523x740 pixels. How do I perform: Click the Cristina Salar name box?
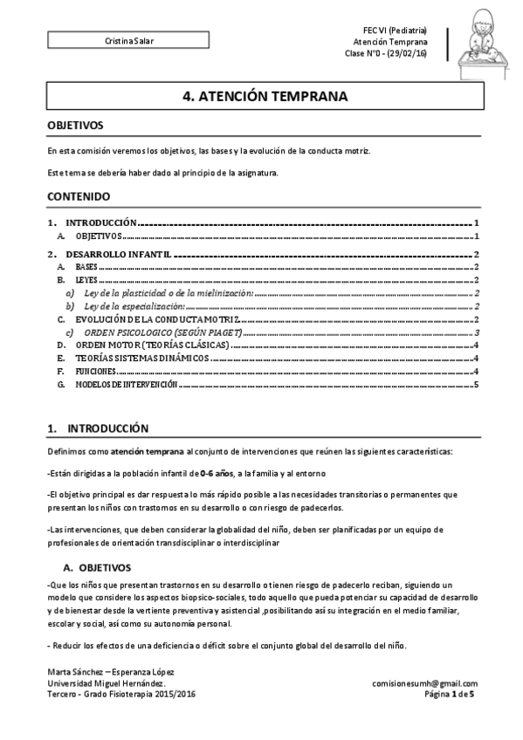click(130, 41)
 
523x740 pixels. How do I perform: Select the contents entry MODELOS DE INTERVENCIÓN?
click(126, 384)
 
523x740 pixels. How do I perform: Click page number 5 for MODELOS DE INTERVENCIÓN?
click(477, 384)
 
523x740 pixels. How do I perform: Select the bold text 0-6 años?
click(217, 472)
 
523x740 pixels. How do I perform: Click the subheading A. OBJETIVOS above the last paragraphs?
click(97, 567)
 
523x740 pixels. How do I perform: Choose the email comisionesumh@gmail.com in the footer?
click(424, 683)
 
